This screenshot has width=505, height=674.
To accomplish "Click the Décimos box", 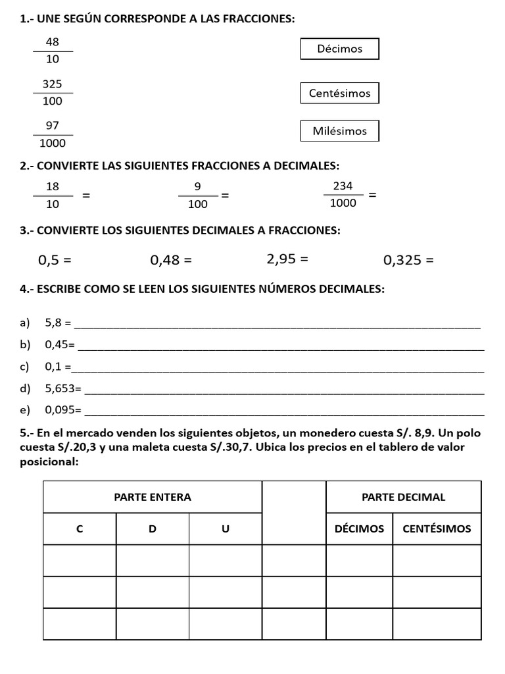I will (x=339, y=49).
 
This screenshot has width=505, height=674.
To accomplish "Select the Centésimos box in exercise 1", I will (x=339, y=93).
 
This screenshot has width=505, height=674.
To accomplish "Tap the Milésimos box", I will (x=339, y=131).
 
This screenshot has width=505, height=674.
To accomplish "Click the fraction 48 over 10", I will (x=53, y=51).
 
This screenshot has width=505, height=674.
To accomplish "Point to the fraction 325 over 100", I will (x=53, y=93).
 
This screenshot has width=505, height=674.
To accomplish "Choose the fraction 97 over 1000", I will (x=53, y=134).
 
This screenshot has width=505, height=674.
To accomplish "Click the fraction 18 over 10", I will (x=53, y=195).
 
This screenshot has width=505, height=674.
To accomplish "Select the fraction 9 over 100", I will (x=197, y=195).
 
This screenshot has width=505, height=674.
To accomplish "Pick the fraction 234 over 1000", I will (x=343, y=195).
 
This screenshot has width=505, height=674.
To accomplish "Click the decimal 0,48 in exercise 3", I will (x=164, y=260).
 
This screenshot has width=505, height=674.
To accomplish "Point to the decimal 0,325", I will (x=402, y=260).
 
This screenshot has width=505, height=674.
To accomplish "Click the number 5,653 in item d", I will (x=60, y=388).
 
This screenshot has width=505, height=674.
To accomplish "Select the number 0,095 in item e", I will (x=60, y=409).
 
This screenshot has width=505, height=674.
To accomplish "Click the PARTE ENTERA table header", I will (x=153, y=497).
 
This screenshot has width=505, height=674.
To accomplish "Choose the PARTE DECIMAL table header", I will (x=403, y=497).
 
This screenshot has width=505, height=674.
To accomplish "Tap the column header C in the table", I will (x=80, y=529).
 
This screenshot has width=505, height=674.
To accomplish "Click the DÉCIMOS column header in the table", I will (x=359, y=529).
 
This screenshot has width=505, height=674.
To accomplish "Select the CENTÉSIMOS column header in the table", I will (x=437, y=529).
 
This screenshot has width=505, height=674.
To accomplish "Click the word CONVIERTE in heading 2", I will (x=67, y=165).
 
